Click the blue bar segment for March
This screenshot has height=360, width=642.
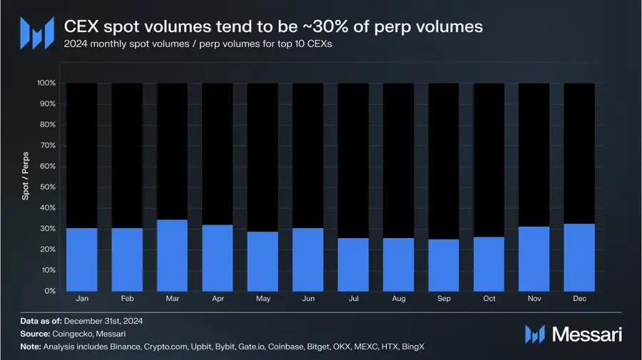point(172,255)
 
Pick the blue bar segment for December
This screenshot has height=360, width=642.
point(579,257)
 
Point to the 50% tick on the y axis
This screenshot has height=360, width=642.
point(47,187)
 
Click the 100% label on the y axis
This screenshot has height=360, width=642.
point(46,83)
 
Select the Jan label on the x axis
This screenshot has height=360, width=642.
point(81,298)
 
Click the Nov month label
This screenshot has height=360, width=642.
point(534,298)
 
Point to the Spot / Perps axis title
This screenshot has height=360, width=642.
point(26,187)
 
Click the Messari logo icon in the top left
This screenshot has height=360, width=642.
point(36,32)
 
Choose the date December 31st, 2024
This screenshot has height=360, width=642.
point(108,322)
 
